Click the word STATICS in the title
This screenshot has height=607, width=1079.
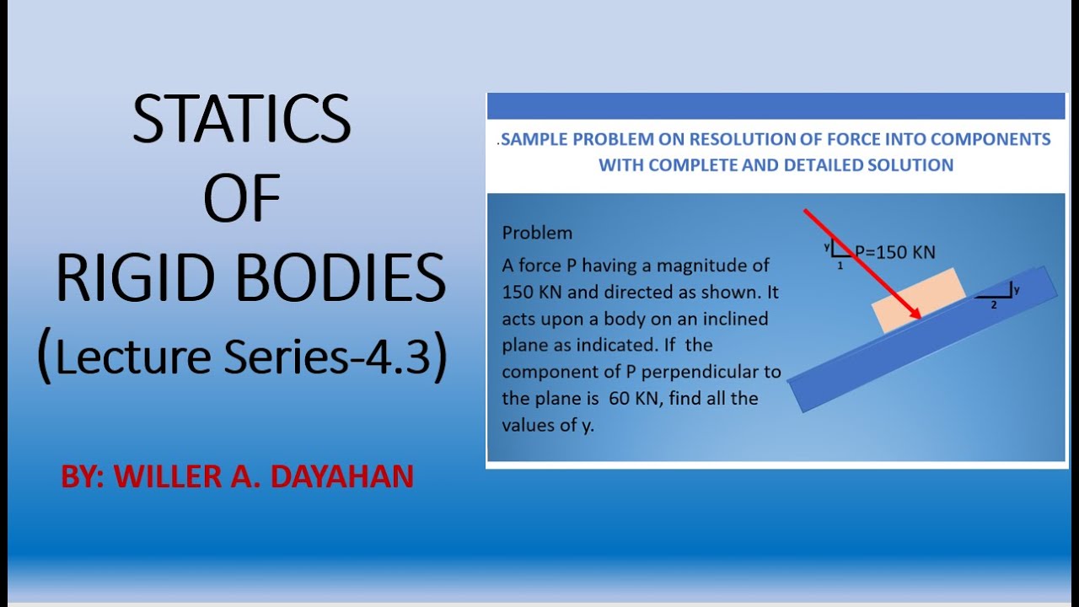coord(241,120)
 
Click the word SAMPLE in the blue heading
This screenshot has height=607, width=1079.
coord(534,139)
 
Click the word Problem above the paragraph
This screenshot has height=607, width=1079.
coord(537,233)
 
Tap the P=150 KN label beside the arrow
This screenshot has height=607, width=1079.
coord(895,251)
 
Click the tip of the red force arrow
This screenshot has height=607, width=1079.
coord(918,317)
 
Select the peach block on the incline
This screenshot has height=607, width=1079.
coord(919,299)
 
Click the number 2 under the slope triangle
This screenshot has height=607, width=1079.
coord(993,304)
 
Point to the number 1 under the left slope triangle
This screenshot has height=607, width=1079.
coord(840,265)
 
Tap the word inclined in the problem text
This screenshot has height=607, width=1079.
coord(738,319)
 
